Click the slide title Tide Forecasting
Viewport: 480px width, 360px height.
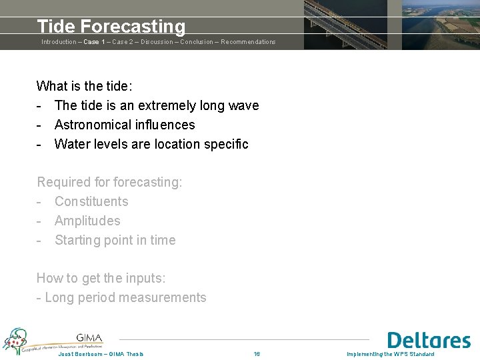click(x=111, y=27)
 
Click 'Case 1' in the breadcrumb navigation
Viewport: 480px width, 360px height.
click(x=95, y=42)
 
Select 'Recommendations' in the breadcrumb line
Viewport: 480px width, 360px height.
click(x=248, y=42)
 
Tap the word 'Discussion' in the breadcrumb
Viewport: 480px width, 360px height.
click(x=157, y=42)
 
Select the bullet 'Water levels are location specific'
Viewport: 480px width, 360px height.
click(x=151, y=144)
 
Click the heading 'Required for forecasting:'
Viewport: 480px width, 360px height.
click(x=109, y=182)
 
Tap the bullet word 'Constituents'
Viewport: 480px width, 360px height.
click(x=91, y=201)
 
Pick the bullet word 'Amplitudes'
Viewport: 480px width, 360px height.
click(x=87, y=221)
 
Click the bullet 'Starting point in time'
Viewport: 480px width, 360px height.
click(x=115, y=240)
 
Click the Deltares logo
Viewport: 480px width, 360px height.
click(x=429, y=340)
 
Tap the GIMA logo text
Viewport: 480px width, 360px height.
click(x=89, y=337)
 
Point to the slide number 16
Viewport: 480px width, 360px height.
click(x=257, y=354)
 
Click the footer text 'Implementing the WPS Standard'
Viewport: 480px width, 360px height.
click(x=390, y=354)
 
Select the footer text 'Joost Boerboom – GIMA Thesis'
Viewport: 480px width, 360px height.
click(x=101, y=354)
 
